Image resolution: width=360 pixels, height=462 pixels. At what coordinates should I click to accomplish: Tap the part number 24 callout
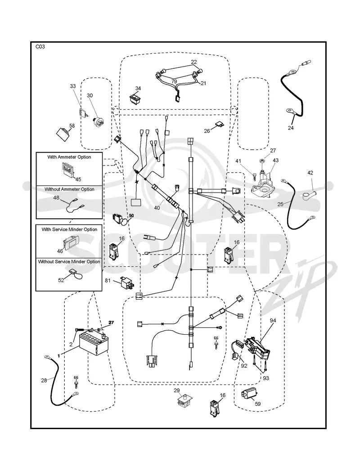[x=291, y=128]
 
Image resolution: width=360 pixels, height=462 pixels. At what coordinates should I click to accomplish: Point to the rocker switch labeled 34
[x=135, y=99]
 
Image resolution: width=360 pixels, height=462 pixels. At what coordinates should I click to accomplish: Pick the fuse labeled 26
[x=219, y=126]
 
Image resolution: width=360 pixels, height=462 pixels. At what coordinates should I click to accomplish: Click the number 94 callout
[x=273, y=321]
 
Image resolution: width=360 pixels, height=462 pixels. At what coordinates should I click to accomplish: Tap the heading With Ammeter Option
[x=69, y=157]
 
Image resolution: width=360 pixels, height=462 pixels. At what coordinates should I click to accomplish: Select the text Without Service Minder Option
[x=69, y=262]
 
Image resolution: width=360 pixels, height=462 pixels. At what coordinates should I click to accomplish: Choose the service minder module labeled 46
[x=70, y=242]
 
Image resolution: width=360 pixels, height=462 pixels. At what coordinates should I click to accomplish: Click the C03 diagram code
[x=40, y=46]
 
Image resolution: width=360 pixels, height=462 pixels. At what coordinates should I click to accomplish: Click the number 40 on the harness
[x=157, y=208]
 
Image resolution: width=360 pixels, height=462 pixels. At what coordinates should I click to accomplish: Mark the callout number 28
[x=44, y=381]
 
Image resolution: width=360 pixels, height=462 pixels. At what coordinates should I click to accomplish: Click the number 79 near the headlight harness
[x=174, y=81]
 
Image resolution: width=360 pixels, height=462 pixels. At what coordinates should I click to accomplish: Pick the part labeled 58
[x=63, y=134]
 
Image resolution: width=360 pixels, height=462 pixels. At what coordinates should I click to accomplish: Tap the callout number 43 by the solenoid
[x=276, y=160]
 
